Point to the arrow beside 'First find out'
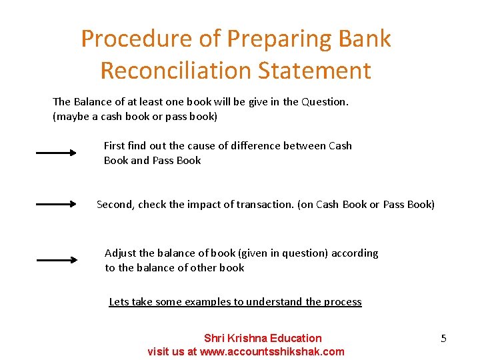coord(57,153)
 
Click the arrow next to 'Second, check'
coord(57,205)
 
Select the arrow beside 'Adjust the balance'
coord(57,260)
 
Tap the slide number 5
coord(443,339)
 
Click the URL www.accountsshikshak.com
coord(271,351)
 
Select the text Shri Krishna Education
coord(262,338)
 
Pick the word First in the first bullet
coord(115,145)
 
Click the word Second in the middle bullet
coord(115,205)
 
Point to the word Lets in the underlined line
coord(119,302)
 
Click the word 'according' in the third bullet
coord(355,253)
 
